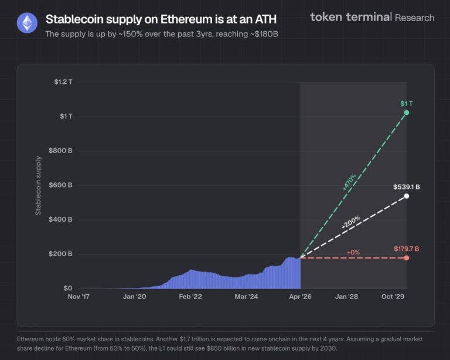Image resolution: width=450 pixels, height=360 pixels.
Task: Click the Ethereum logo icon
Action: point(26,24)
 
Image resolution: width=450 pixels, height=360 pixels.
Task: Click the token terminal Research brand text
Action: point(372,17)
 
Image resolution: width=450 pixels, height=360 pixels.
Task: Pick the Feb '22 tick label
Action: point(190,297)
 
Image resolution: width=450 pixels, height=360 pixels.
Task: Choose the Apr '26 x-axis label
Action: point(300,297)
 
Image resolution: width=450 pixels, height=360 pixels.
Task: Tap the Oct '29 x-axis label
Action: point(394,297)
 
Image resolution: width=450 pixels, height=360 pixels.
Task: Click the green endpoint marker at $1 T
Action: point(407,113)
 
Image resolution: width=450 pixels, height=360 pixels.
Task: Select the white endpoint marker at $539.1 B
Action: point(407,196)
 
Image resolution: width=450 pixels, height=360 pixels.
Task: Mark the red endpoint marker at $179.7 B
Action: point(407,258)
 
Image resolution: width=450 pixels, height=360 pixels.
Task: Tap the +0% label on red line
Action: point(353,252)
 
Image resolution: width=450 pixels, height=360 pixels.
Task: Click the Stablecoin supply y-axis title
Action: point(39,185)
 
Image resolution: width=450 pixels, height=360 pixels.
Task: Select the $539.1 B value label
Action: point(406,187)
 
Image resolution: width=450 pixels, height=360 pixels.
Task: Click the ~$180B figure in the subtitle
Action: point(263,34)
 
